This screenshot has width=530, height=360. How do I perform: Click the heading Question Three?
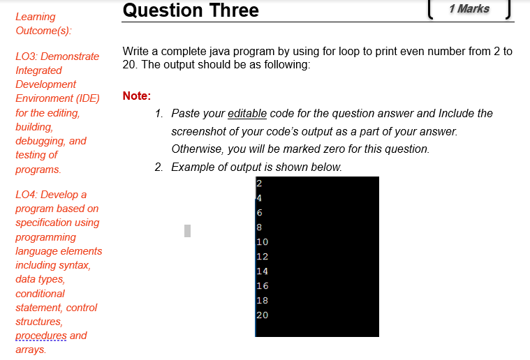tap(190, 10)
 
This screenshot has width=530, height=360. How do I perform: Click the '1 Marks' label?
tap(469, 9)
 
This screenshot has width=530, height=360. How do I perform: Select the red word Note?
tap(136, 96)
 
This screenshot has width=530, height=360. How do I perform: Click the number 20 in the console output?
tap(262, 315)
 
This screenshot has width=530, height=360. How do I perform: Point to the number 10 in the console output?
tap(262, 242)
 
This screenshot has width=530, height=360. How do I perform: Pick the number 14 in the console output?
tap(262, 271)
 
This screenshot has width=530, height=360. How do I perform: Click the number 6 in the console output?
tap(259, 213)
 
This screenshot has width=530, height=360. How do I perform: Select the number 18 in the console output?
tap(262, 301)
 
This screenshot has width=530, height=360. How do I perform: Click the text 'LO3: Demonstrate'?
tap(57, 56)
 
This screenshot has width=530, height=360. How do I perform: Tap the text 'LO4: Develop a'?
tap(51, 195)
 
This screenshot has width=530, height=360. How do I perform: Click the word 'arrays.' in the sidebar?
tap(31, 350)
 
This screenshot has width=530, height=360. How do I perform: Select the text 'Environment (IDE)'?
tap(57, 98)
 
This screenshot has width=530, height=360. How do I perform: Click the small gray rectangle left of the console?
tap(186, 229)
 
